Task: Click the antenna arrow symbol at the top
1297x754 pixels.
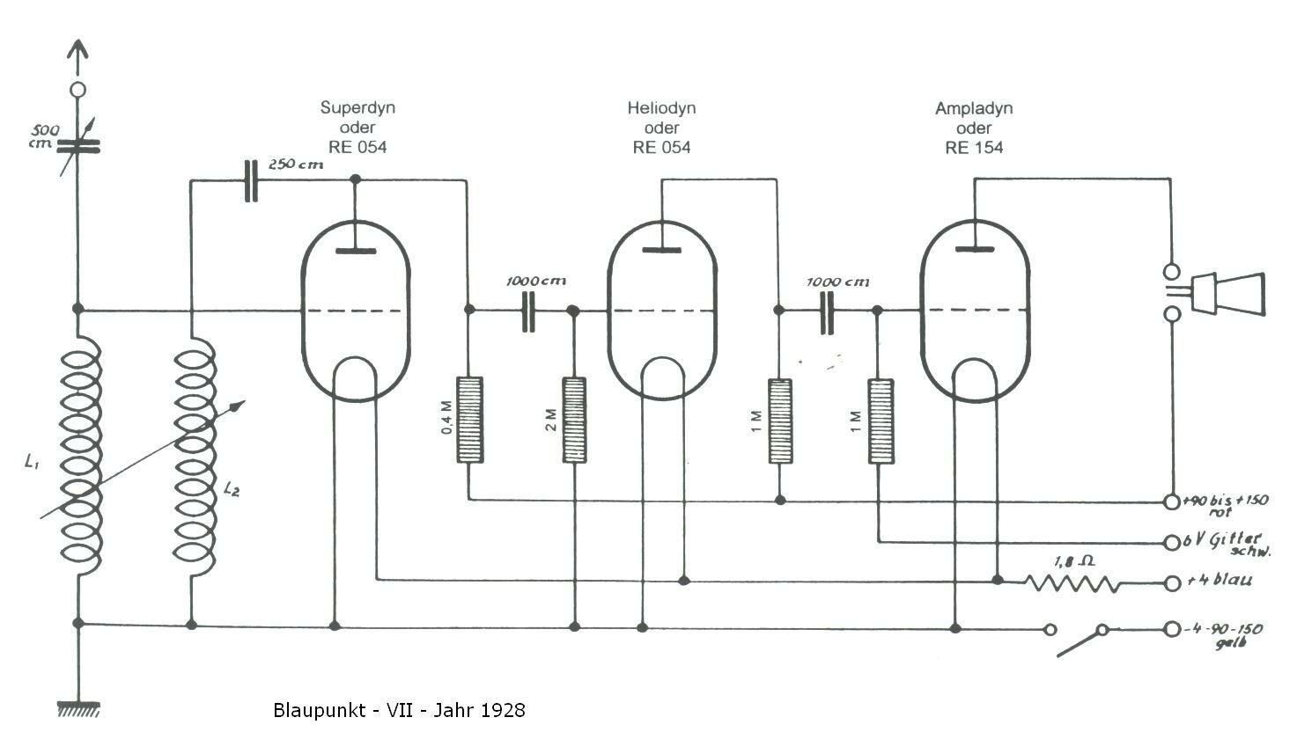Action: (x=77, y=57)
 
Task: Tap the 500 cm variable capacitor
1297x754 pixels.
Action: (x=77, y=146)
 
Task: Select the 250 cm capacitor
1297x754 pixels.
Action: (x=251, y=181)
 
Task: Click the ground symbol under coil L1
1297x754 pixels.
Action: (x=78, y=709)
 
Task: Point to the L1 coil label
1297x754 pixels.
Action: (x=32, y=461)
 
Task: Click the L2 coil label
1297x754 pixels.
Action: (x=231, y=489)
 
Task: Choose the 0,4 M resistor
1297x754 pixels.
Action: (x=469, y=420)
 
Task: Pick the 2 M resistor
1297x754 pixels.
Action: (x=574, y=420)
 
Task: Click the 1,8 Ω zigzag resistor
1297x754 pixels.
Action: (x=1072, y=582)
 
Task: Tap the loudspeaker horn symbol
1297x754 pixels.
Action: (x=1227, y=293)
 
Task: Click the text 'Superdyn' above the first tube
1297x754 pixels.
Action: (x=357, y=107)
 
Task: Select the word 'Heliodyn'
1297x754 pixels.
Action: (x=662, y=108)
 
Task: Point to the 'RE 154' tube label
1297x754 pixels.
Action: (x=974, y=148)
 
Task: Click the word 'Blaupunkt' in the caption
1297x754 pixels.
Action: (x=319, y=711)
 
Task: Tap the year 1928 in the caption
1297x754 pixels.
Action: (x=502, y=710)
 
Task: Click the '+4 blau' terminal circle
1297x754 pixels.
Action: (x=1172, y=583)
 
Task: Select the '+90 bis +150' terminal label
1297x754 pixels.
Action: (x=1226, y=500)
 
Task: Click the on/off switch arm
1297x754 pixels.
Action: (x=1080, y=642)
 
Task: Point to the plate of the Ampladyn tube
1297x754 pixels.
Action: (x=975, y=249)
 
